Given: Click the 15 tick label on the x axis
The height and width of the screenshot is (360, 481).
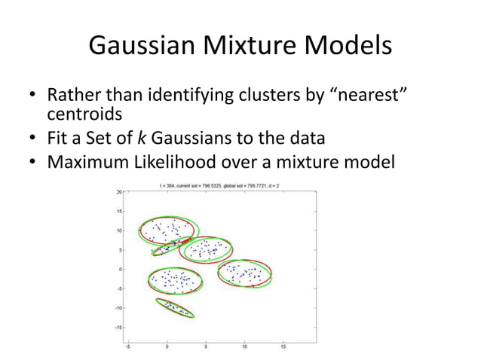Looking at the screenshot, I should coord(283,347).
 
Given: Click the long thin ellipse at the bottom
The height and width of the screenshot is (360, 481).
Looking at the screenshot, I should coord(174,308).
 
